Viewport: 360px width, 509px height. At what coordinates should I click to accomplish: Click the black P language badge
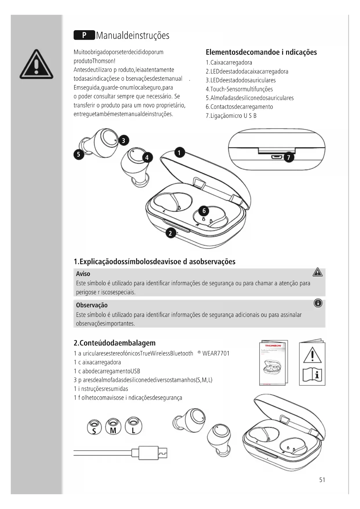[x=84, y=35]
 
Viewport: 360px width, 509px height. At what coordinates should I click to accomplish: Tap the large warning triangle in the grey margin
[x=36, y=65]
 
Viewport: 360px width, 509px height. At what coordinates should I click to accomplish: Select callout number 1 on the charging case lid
[x=180, y=152]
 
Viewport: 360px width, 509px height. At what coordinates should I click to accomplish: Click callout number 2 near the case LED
[x=171, y=233]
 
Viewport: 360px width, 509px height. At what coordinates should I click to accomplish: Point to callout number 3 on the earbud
[x=124, y=141]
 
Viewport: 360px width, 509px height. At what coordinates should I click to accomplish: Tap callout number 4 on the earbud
[x=147, y=158]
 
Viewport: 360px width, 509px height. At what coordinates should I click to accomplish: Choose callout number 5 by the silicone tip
[x=78, y=154]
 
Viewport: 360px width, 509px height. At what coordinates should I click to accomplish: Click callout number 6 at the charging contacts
[x=204, y=211]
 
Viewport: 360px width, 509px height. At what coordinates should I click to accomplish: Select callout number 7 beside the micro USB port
[x=288, y=158]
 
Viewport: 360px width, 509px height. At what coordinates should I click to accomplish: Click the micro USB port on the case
[x=276, y=157]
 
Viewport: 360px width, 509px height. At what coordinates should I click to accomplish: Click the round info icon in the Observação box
[x=318, y=304]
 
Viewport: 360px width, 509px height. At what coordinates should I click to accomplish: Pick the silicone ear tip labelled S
[x=94, y=427]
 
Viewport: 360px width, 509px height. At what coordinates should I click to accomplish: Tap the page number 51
[x=322, y=480]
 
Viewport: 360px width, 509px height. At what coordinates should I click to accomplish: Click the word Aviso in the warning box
[x=83, y=274]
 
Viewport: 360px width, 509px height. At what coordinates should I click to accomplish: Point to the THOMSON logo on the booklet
[x=273, y=346]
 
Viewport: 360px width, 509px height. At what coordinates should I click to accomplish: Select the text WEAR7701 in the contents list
[x=216, y=353]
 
